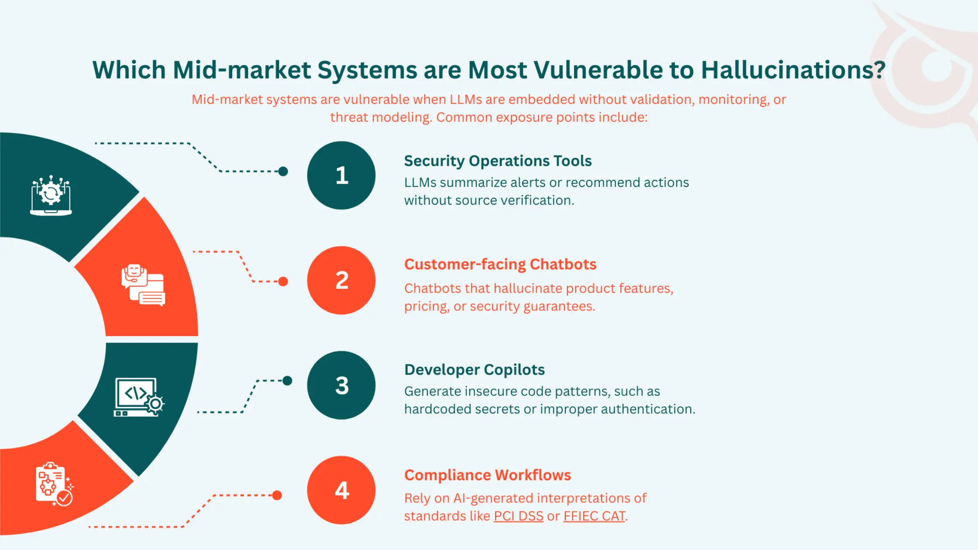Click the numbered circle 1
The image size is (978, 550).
[x=341, y=175]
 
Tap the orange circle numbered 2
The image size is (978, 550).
[x=341, y=280]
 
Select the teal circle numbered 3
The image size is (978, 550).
[x=341, y=385]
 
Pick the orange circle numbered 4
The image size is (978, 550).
[x=341, y=490]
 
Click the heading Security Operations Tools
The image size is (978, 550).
[x=497, y=161]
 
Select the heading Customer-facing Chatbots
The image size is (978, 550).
[x=500, y=264]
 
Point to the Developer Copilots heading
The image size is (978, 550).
[x=474, y=369]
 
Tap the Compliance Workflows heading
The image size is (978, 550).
[x=487, y=474]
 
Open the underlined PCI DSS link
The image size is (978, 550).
[x=518, y=516]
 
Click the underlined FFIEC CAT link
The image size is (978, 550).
[x=594, y=516]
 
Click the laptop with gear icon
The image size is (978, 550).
[x=51, y=196]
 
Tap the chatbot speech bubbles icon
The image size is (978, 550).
[x=143, y=285]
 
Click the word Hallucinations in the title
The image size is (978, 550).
[x=793, y=70]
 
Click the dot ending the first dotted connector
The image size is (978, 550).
[x=283, y=172]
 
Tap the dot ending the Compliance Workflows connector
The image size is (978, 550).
[x=277, y=495]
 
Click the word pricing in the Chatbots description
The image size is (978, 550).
[x=425, y=306]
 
